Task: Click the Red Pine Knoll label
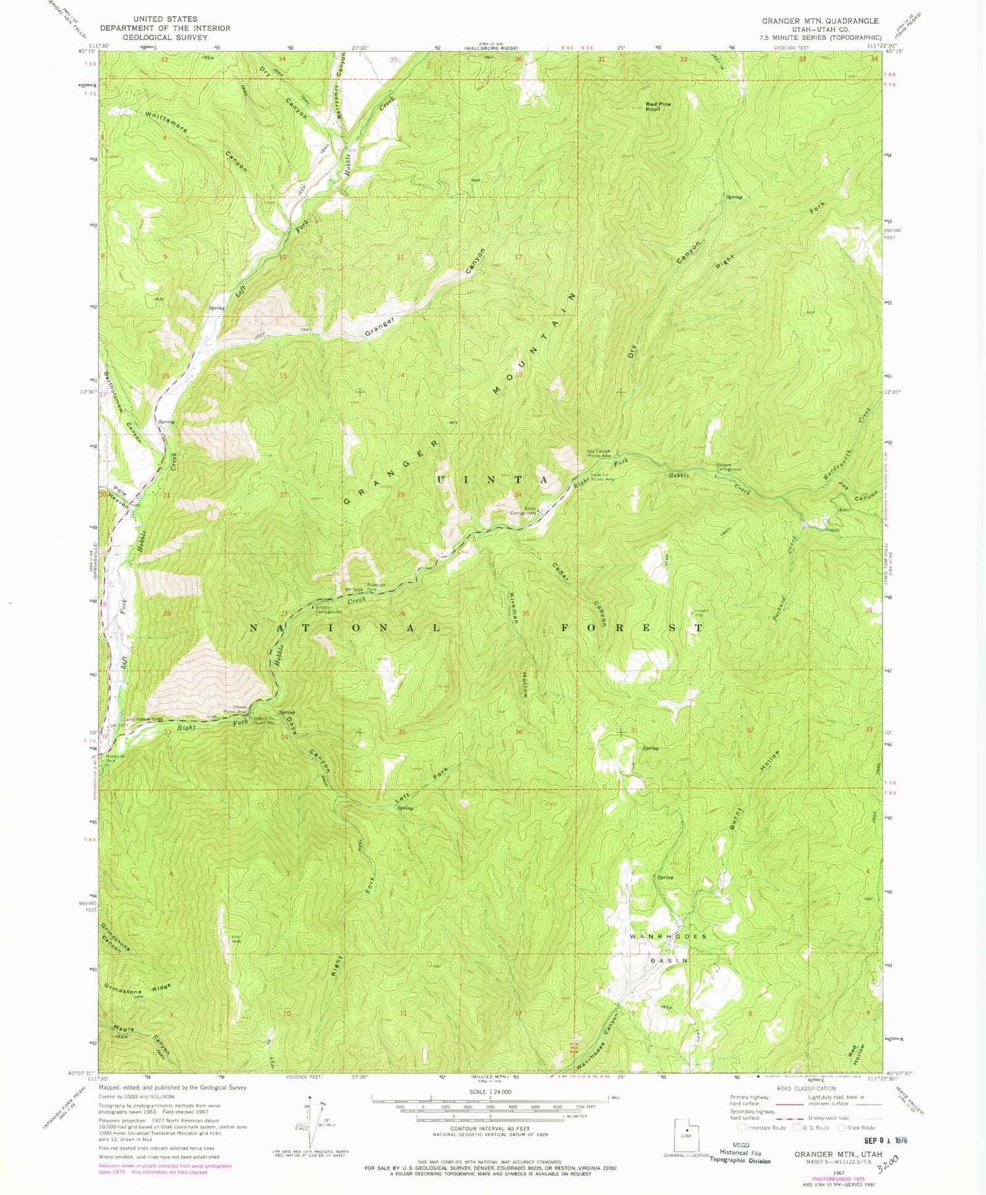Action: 658,106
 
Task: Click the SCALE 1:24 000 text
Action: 490,1092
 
